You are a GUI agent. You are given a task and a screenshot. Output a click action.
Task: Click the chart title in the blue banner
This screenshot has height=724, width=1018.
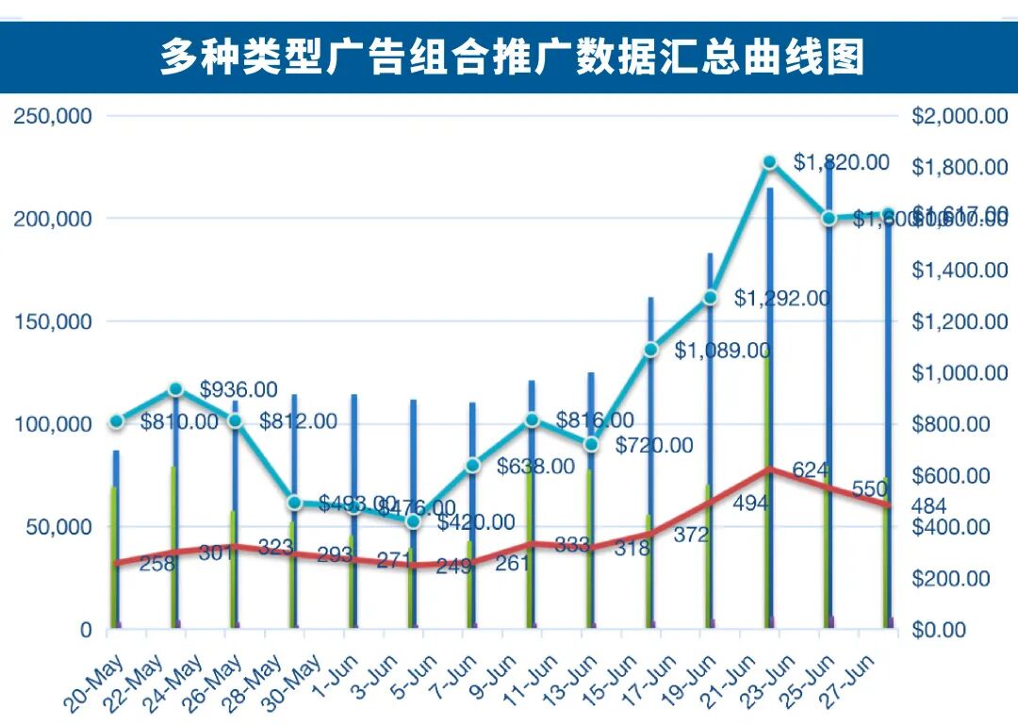coord(511,57)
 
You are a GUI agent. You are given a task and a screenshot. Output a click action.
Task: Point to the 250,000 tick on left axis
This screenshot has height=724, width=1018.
coord(52,116)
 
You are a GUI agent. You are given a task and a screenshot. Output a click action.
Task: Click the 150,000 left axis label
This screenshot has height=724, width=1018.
coord(52,321)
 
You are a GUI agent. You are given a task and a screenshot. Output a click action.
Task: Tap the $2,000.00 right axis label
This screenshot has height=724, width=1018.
coord(960,116)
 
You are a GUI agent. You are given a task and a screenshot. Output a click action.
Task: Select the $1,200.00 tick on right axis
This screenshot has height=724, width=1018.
coord(960,321)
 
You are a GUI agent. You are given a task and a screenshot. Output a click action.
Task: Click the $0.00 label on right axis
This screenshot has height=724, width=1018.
coord(945,630)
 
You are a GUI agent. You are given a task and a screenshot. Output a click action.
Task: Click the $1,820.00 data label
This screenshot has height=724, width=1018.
coord(841,162)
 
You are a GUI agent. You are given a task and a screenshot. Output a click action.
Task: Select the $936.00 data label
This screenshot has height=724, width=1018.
coord(238,389)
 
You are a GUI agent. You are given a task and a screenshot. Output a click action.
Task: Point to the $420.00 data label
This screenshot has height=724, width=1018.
coord(475,522)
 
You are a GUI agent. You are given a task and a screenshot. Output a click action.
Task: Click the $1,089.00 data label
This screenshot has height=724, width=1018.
coord(722,351)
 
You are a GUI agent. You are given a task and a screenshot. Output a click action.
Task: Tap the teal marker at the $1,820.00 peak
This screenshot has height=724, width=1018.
coord(770,162)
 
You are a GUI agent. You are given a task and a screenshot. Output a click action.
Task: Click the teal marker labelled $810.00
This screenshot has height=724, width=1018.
coord(116,421)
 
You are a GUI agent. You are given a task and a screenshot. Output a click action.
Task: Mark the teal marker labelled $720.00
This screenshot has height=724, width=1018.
coord(592,444)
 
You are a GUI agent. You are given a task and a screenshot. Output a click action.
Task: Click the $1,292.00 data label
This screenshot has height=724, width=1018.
coord(782,299)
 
